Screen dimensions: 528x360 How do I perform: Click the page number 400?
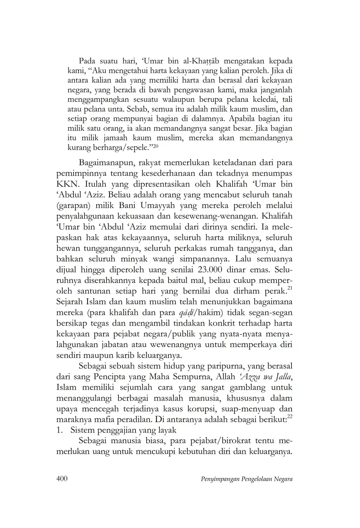tap(62, 479)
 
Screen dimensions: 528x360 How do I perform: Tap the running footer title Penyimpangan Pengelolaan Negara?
tap(246, 479)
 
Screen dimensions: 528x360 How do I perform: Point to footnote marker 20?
tap(156, 146)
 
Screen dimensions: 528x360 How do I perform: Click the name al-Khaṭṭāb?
tap(203, 61)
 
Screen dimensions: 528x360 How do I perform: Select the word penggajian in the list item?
tap(112, 430)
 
